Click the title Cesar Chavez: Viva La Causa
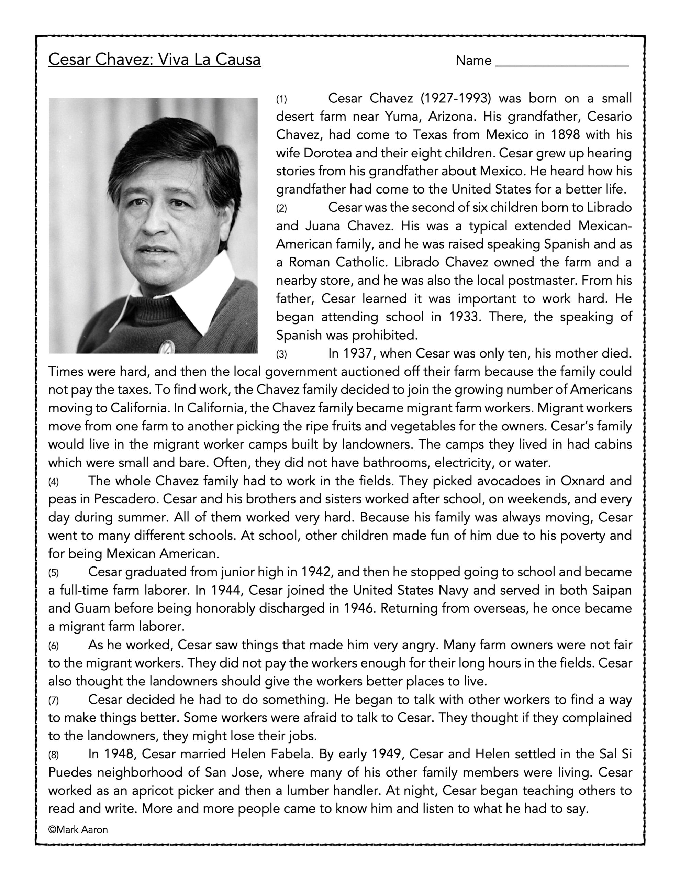click(154, 59)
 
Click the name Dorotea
click(327, 153)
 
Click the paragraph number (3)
click(281, 354)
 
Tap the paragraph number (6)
click(54, 646)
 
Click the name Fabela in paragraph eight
click(290, 754)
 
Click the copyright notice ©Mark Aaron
click(78, 829)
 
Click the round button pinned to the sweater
click(166, 346)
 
